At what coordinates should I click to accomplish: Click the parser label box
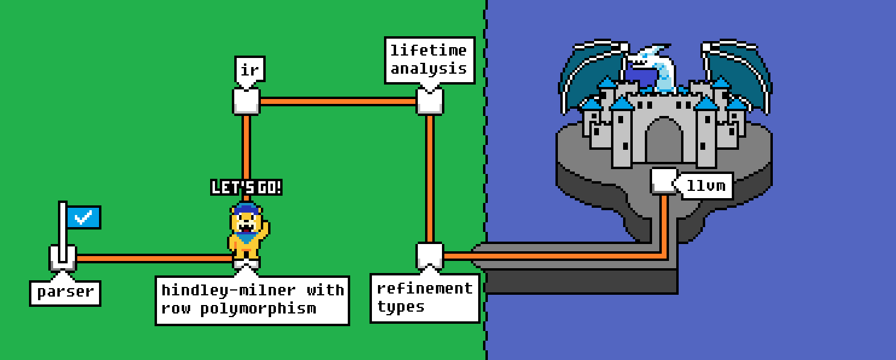65,292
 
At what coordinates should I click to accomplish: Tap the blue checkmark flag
83,217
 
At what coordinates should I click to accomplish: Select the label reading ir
249,70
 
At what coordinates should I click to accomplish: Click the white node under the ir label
246,101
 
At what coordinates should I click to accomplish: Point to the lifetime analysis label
429,59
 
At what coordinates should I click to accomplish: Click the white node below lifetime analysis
430,101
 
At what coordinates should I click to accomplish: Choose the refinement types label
424,298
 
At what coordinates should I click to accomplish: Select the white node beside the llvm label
664,181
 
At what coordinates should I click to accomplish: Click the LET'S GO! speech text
246,188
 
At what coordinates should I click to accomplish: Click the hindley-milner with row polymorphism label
252,300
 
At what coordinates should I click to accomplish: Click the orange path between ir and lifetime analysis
338,101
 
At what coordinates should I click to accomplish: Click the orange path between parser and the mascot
151,259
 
